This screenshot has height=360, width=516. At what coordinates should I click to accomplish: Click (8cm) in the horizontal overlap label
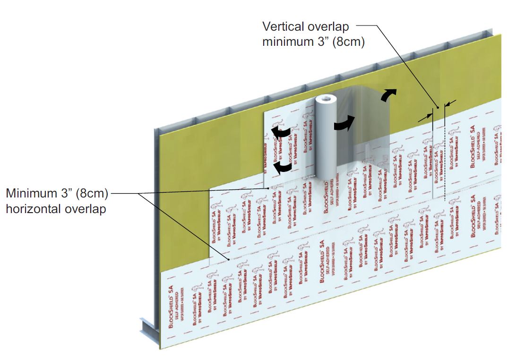91,193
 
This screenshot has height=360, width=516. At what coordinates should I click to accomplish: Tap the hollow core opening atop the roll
326,100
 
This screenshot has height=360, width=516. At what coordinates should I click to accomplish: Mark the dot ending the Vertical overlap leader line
438,108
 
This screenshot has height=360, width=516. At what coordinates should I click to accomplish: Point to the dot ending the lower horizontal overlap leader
229,259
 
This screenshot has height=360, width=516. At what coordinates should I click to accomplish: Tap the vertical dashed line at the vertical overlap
444,156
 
